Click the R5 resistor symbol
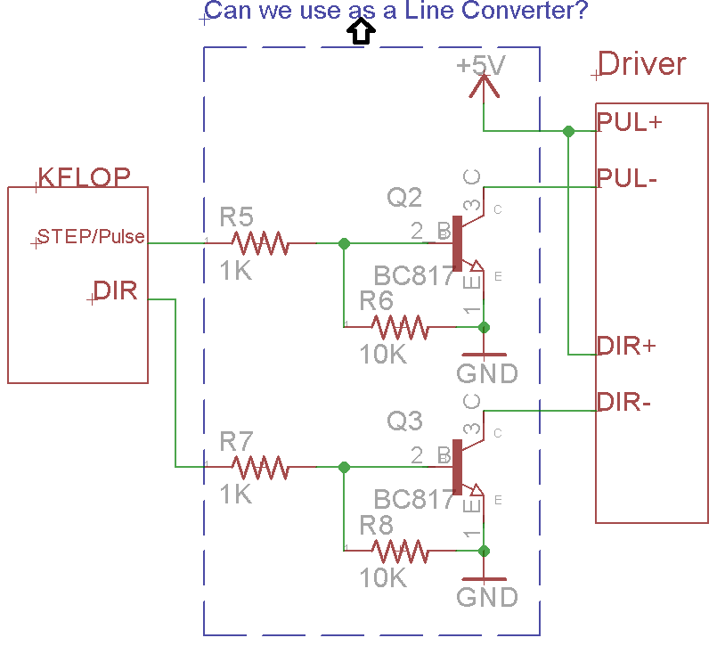click(259, 242)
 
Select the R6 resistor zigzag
click(400, 327)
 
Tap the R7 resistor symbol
click(259, 466)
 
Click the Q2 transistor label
click(404, 197)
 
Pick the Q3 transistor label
click(404, 421)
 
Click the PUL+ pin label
click(629, 122)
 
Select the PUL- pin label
click(627, 178)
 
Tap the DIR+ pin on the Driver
click(626, 346)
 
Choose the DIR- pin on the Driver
click(624, 402)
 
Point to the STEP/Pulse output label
click(91, 237)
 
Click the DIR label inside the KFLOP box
click(116, 290)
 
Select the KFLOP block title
click(84, 176)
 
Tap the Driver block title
click(642, 64)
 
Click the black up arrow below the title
click(360, 33)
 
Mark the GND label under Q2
click(486, 372)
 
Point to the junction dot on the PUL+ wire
click(568, 131)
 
